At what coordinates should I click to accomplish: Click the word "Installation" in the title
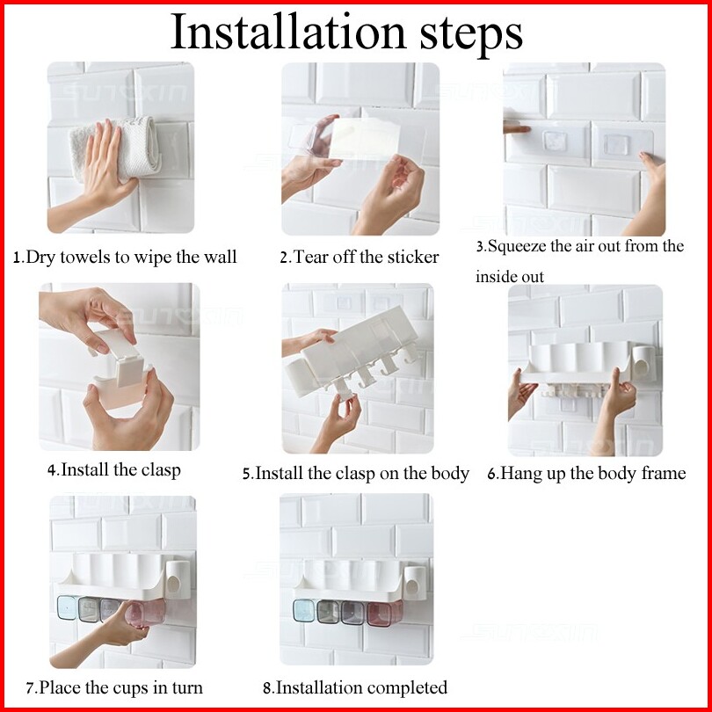[x=288, y=32]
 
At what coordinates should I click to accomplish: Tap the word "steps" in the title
[x=471, y=35]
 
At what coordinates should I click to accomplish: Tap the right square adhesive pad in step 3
[x=616, y=145]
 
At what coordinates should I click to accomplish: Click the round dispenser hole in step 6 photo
[x=641, y=367]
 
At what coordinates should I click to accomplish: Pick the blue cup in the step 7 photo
[x=67, y=607]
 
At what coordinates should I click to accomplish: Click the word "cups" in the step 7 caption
[x=133, y=688]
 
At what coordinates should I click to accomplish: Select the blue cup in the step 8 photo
[x=304, y=611]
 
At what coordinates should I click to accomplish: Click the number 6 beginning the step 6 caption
[x=491, y=475]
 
